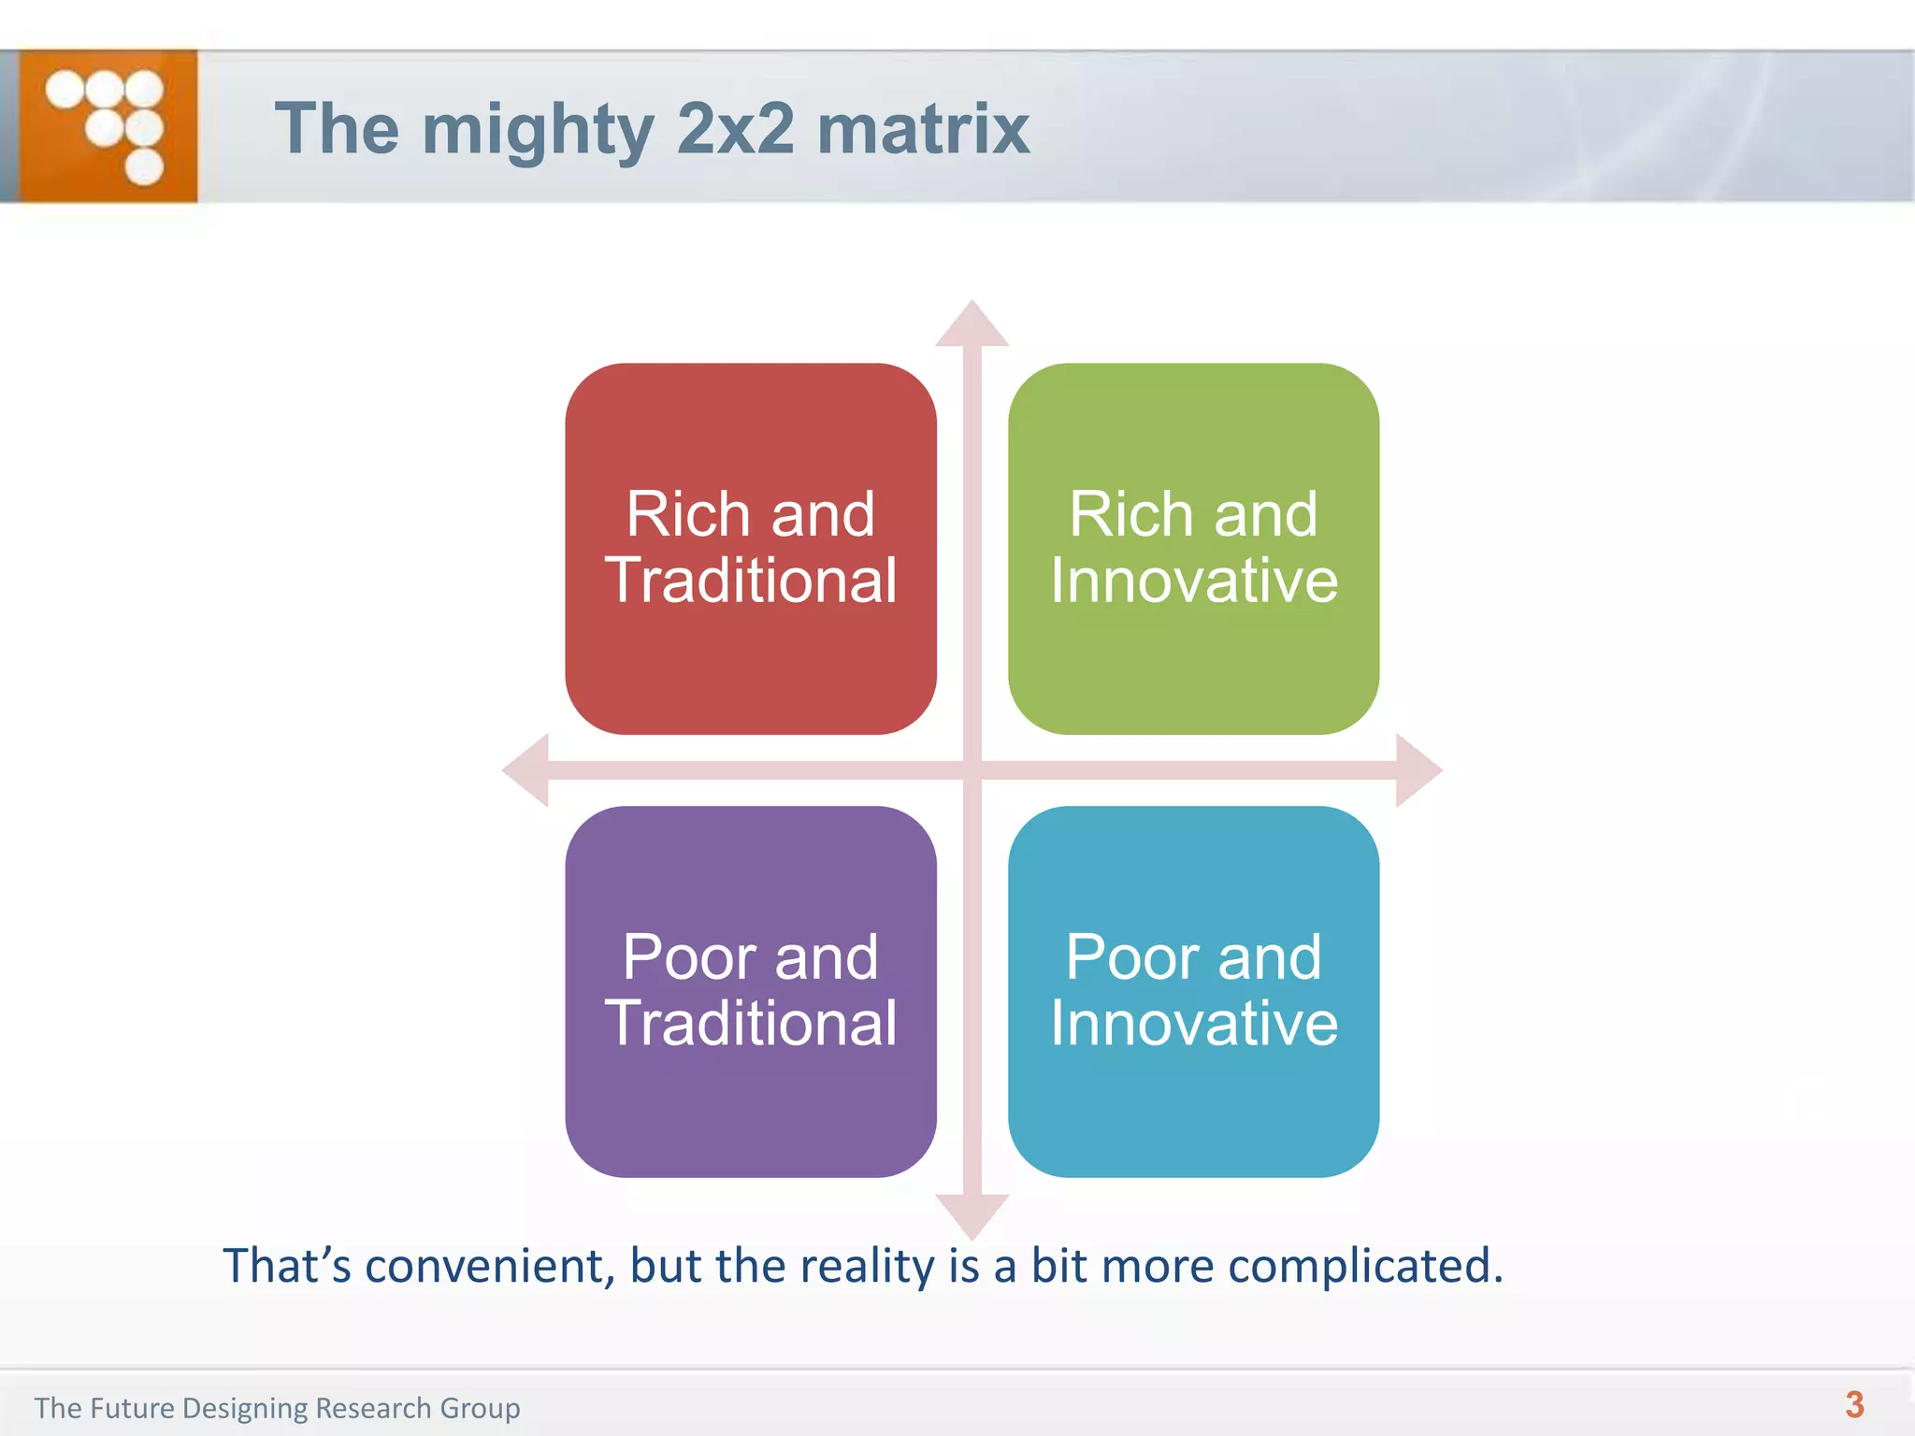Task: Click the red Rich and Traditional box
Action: click(x=751, y=549)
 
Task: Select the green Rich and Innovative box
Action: click(x=1193, y=549)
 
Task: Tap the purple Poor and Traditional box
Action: click(x=751, y=991)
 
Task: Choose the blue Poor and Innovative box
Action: click(x=1193, y=991)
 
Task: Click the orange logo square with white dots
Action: click(x=108, y=126)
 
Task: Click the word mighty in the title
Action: click(x=538, y=130)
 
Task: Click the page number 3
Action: click(x=1855, y=1404)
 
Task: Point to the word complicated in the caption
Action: click(x=1365, y=1266)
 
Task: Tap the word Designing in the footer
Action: click(x=245, y=1408)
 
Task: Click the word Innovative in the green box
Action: click(x=1194, y=581)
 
